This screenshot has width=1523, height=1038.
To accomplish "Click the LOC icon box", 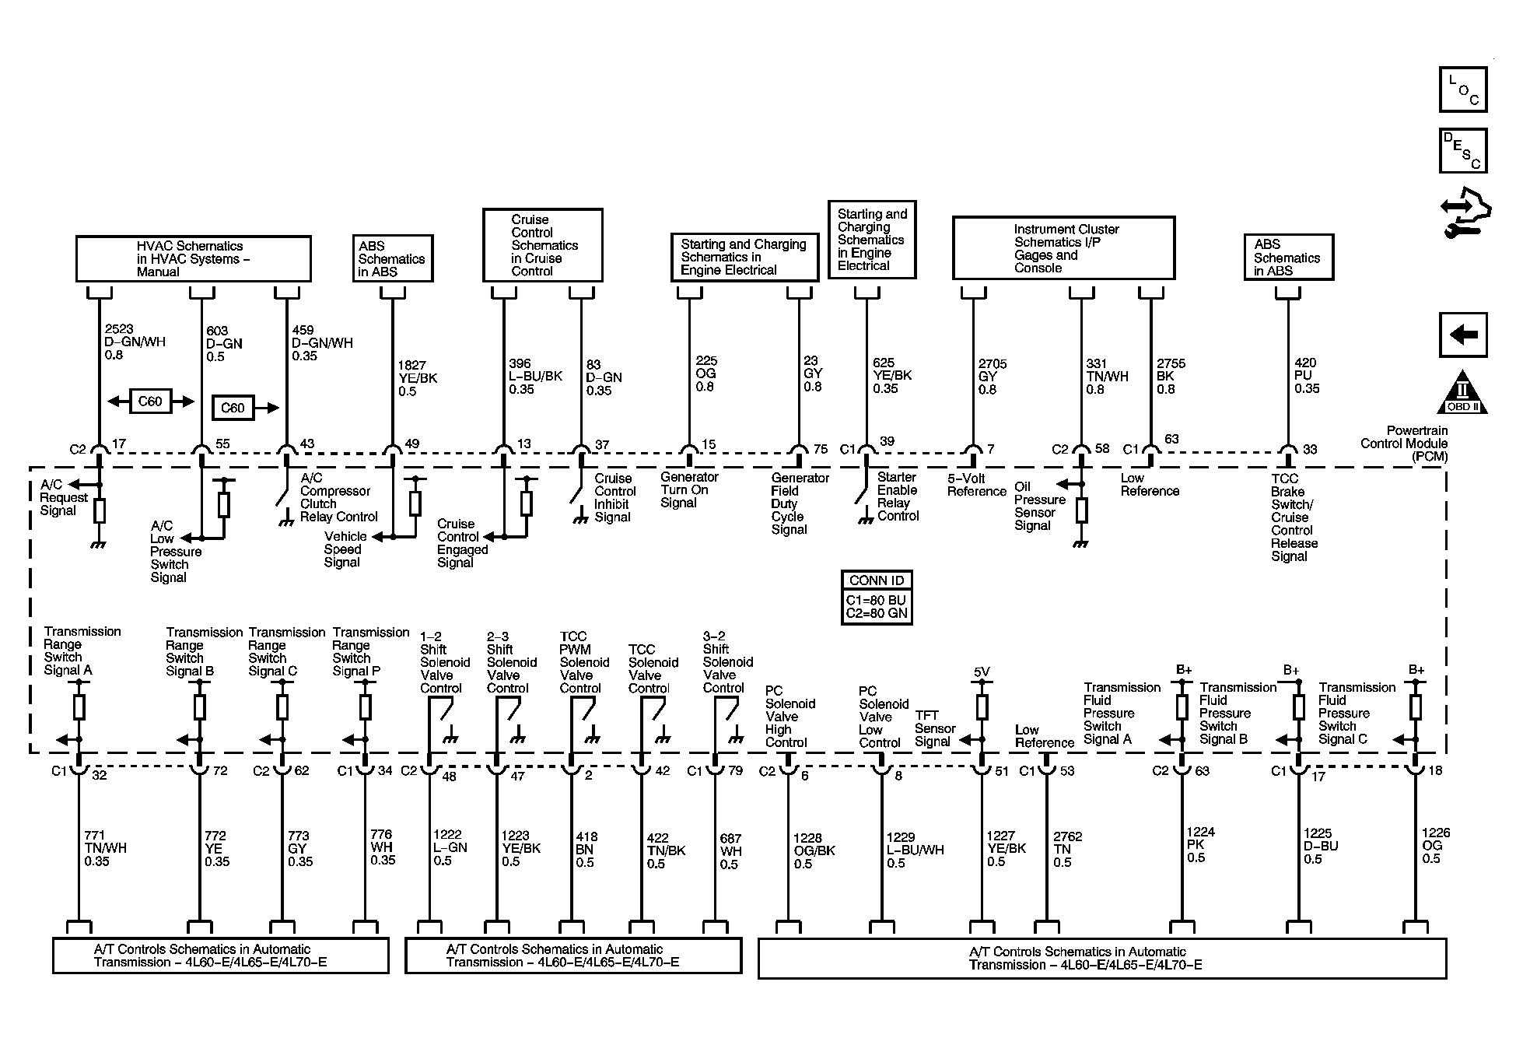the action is tap(1463, 89).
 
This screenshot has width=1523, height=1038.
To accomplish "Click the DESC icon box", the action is tap(1463, 150).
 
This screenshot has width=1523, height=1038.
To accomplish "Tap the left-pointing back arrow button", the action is tap(1463, 335).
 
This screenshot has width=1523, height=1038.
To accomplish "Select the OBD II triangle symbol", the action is tap(1462, 392).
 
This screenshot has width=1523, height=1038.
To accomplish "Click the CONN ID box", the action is tap(877, 598).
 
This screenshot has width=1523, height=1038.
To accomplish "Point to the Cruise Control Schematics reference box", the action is tap(543, 245).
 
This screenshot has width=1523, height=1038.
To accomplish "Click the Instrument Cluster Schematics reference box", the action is tap(1063, 248).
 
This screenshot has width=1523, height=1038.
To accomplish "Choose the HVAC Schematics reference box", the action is tap(193, 259).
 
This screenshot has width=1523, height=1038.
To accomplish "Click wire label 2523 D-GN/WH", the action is tap(135, 342).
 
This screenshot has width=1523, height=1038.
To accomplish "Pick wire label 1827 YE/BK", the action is tap(417, 378).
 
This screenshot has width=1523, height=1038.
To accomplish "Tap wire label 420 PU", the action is tap(1307, 376).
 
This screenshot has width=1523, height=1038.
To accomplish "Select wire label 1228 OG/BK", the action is tap(814, 851).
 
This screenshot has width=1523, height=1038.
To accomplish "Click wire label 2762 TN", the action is tap(1067, 850).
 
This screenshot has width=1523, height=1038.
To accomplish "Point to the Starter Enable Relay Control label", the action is tap(898, 496).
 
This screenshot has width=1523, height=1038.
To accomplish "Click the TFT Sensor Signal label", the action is tap(935, 728).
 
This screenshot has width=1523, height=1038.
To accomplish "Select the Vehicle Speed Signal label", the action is tap(345, 549).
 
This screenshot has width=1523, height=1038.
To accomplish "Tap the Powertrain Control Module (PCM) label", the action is tap(1404, 444).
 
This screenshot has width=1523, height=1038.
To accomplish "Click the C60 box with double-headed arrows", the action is tap(150, 402).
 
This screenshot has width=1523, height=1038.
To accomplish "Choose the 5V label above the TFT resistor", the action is tap(982, 672).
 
